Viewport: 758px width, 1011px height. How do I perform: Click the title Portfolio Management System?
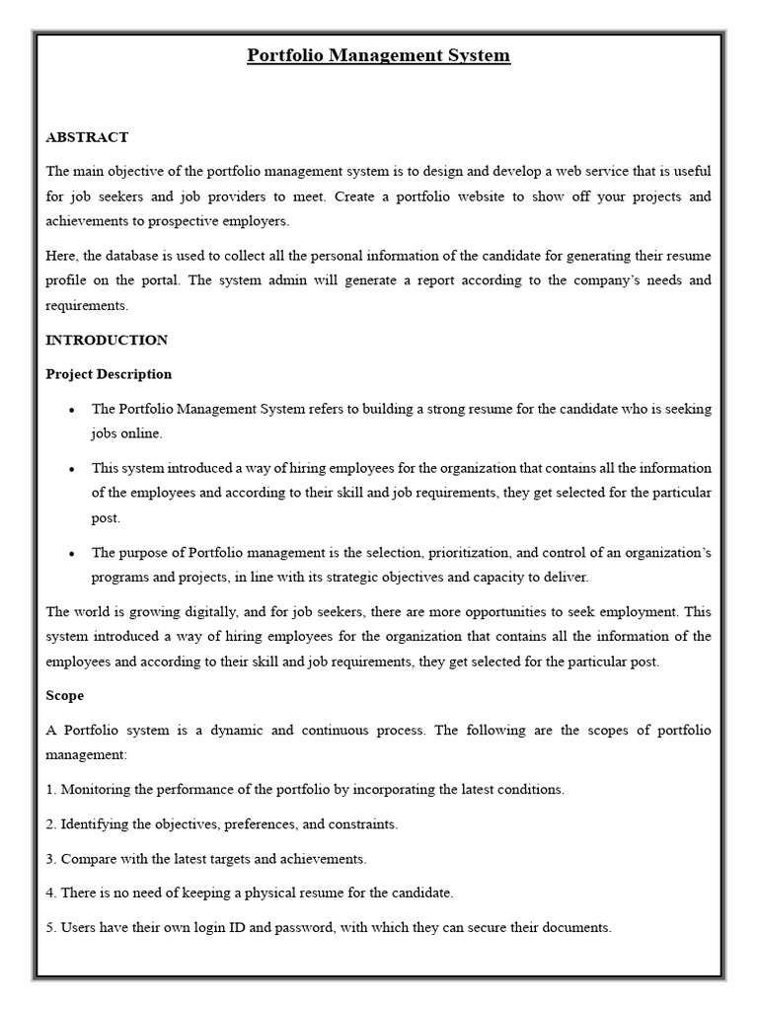pyautogui.click(x=378, y=55)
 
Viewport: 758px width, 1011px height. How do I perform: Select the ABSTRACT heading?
pyautogui.click(x=88, y=137)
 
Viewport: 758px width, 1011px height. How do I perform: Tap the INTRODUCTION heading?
pyautogui.click(x=107, y=340)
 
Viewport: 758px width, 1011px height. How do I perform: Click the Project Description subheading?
pyautogui.click(x=109, y=374)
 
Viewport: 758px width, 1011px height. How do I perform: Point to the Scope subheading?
pyautogui.click(x=65, y=695)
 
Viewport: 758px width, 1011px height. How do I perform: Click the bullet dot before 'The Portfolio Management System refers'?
pyautogui.click(x=72, y=410)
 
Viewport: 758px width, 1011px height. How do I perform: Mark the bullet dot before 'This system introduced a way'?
pyautogui.click(x=72, y=469)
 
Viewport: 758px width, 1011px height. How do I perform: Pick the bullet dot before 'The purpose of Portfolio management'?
pyautogui.click(x=72, y=554)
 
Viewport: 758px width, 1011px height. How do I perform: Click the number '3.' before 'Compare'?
pyautogui.click(x=51, y=859)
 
